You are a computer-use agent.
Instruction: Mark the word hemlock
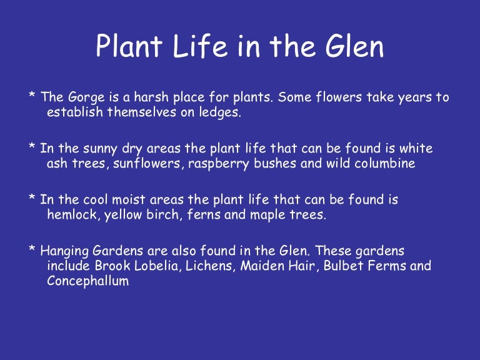[69, 214]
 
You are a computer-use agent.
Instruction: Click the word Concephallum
[87, 281]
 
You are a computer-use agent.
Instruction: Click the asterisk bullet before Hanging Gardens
[31, 249]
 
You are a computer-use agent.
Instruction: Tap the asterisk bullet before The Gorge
[31, 97]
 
